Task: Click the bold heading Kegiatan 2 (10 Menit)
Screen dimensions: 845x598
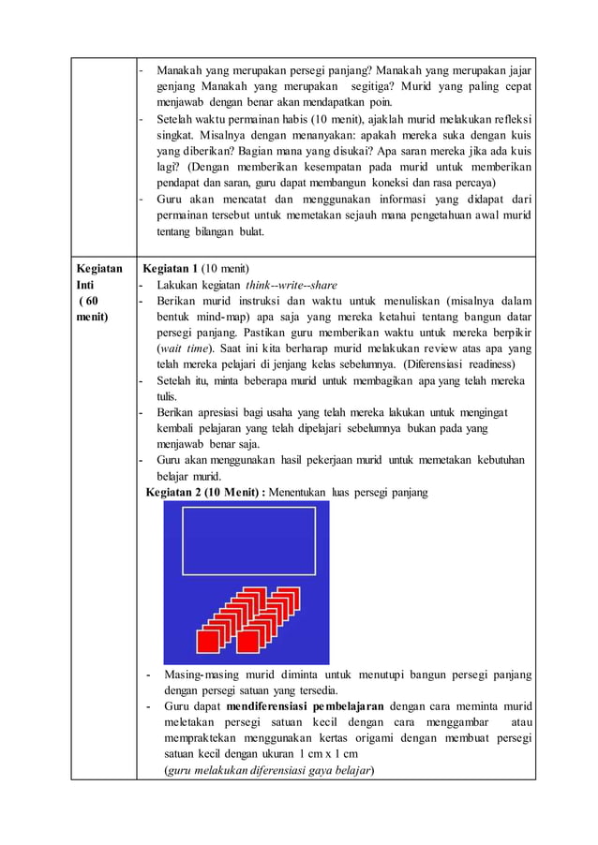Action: (x=203, y=492)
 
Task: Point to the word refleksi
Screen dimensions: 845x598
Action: (x=511, y=119)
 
